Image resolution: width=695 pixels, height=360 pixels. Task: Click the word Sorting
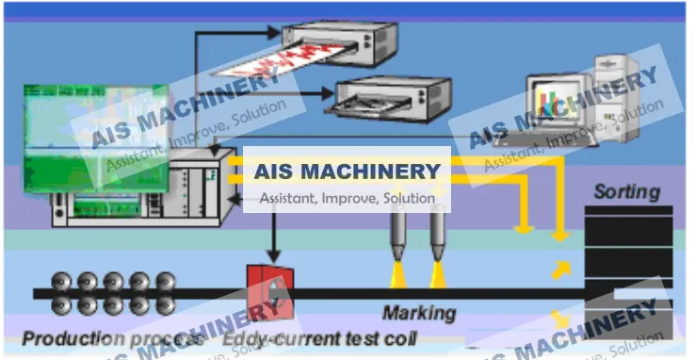(x=626, y=192)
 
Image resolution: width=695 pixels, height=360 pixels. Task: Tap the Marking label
(x=418, y=313)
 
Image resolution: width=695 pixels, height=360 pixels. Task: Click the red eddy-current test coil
(x=269, y=290)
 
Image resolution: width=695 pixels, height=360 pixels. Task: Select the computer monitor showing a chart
(x=556, y=99)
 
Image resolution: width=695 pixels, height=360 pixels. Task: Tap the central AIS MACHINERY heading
(x=347, y=172)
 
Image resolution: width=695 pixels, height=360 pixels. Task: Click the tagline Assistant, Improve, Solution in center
(x=347, y=198)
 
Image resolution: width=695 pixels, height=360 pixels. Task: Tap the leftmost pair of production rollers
(x=64, y=293)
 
